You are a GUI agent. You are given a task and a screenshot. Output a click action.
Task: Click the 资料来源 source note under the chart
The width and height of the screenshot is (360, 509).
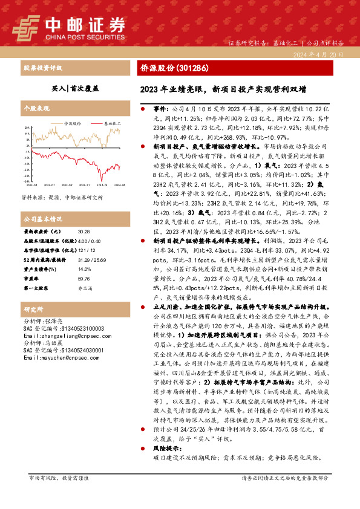62,197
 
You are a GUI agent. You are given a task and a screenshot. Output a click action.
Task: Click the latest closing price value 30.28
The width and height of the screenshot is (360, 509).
84,232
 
